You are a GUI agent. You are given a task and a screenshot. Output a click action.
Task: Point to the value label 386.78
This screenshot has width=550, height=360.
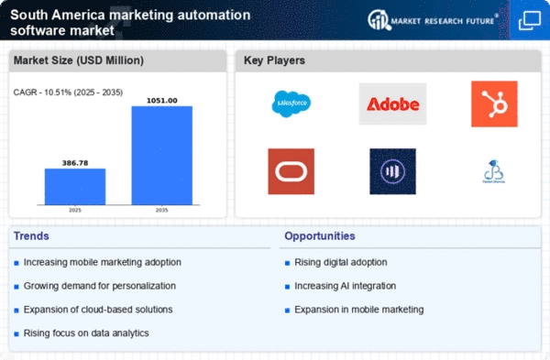[x=75, y=161]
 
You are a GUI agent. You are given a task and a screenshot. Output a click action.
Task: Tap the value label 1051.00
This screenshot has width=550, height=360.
[x=161, y=99]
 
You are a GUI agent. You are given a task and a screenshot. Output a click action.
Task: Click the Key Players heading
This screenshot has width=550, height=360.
[x=274, y=61]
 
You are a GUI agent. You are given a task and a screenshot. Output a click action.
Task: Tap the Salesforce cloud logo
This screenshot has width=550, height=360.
[x=291, y=104]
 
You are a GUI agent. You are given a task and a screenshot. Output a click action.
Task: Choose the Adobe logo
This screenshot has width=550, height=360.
[x=392, y=104]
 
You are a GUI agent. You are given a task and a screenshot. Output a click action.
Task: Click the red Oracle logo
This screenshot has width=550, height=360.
[x=291, y=170]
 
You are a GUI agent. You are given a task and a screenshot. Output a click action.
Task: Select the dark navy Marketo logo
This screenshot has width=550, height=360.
[x=392, y=170]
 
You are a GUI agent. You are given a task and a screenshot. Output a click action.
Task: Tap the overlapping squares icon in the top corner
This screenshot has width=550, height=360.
[x=529, y=19]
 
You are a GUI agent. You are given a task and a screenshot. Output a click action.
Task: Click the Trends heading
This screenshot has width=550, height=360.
[x=32, y=236]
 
